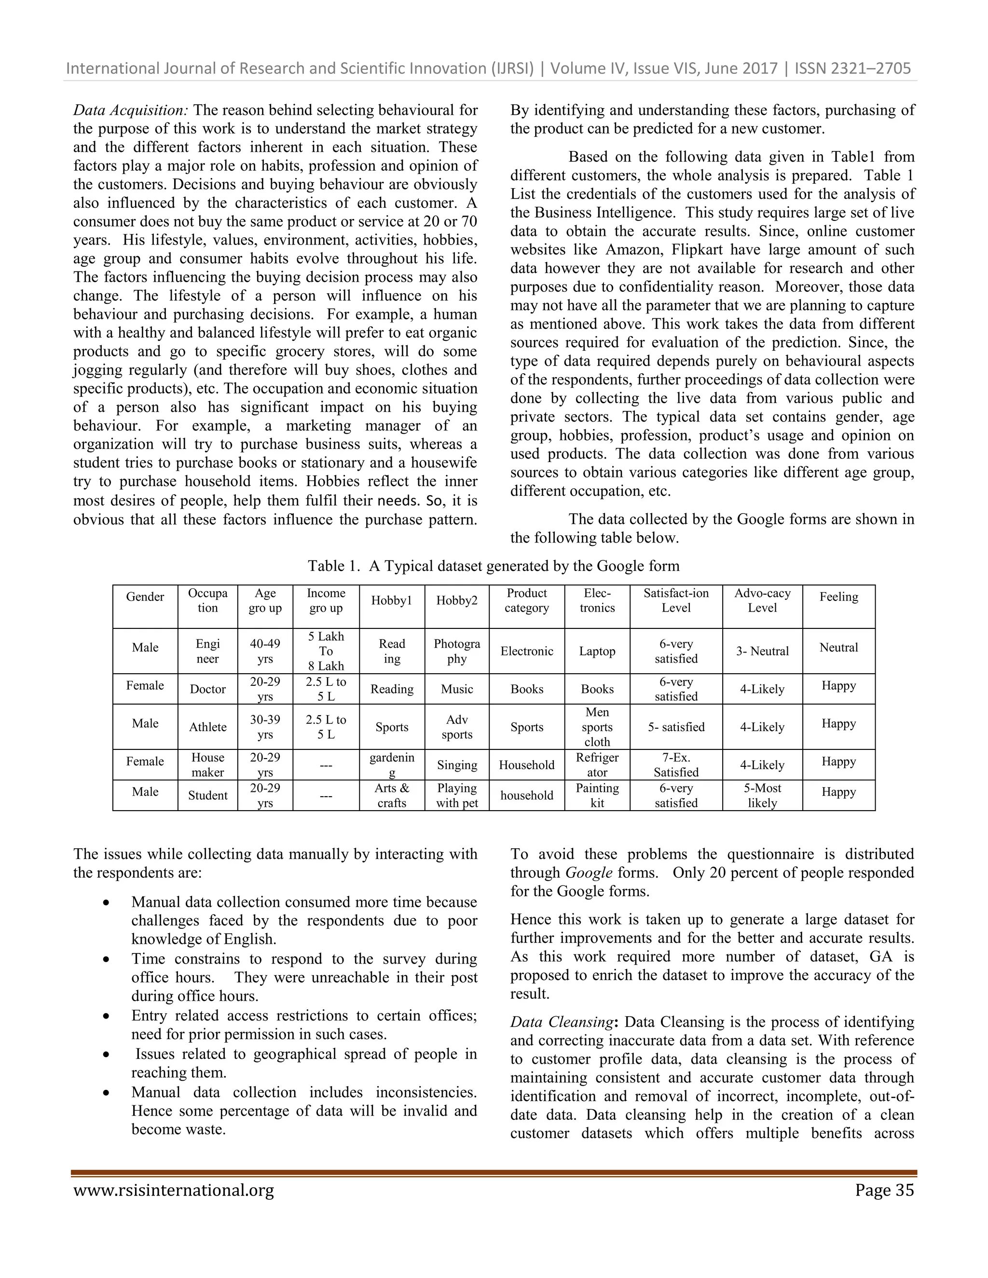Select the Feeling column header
838,597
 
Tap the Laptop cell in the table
597,651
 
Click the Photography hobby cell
456,651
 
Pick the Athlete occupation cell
208,727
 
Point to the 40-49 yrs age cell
265,651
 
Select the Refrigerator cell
597,765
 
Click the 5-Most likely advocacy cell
762,795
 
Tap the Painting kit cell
597,795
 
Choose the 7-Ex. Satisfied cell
676,765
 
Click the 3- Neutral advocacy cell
762,651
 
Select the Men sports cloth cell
597,727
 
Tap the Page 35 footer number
884,1191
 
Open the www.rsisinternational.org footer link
174,1191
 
